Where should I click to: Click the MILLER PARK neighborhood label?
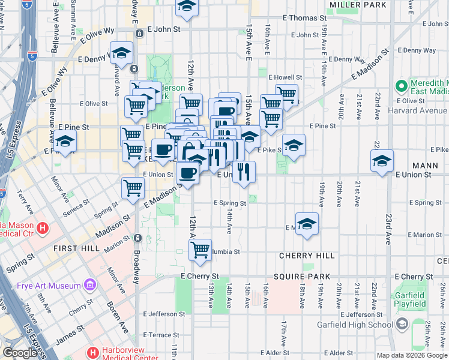pos(358,5)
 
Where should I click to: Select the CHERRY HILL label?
pos(307,256)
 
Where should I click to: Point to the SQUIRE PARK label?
pos(302,277)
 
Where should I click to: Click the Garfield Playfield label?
pos(411,299)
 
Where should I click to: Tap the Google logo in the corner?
pos(20,353)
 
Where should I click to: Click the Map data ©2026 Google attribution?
pos(412,355)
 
